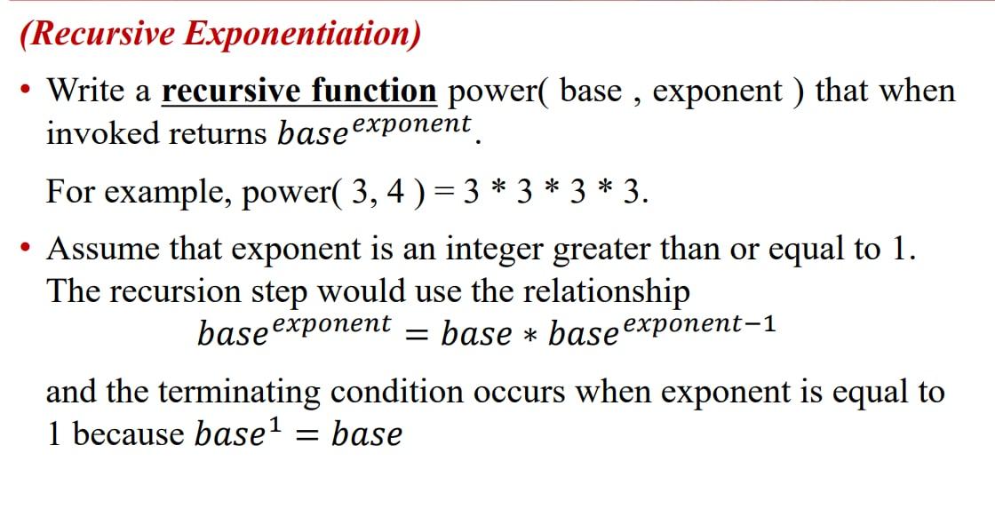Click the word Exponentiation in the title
302,34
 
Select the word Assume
103,249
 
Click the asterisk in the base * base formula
530,336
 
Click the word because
129,434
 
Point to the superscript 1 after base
275,425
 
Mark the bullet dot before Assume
29,249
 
